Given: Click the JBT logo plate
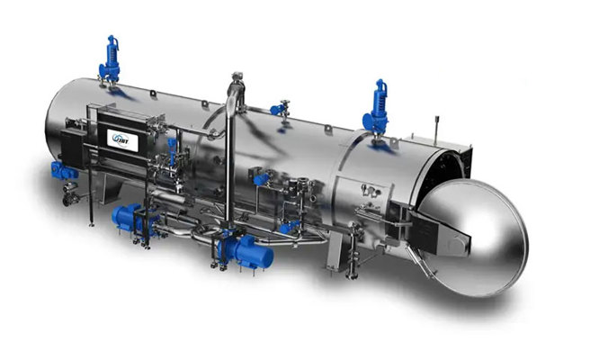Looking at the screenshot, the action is (x=122, y=140).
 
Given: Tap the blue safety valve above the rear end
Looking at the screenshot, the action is (x=110, y=60).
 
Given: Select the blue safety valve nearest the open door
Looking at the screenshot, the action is (x=376, y=109).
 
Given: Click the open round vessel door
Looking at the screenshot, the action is (x=474, y=237).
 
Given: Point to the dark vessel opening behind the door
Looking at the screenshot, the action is (x=439, y=172).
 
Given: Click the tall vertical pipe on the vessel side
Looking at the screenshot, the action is (x=229, y=160).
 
